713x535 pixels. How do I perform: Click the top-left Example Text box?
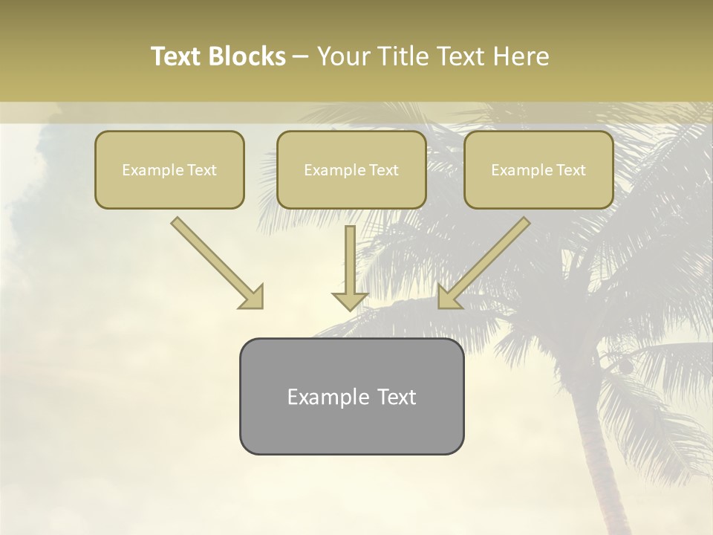[x=169, y=170]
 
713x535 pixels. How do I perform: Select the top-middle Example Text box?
[x=351, y=170]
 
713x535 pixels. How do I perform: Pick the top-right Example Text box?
[x=538, y=170]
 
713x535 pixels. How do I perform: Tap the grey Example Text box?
[x=351, y=396]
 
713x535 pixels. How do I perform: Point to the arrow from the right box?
[x=486, y=260]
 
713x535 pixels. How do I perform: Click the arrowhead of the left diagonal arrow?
[x=253, y=297]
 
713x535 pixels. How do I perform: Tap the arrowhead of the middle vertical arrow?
[x=350, y=300]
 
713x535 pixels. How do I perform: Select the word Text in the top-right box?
[x=570, y=170]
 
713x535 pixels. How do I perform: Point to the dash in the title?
[x=302, y=56]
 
